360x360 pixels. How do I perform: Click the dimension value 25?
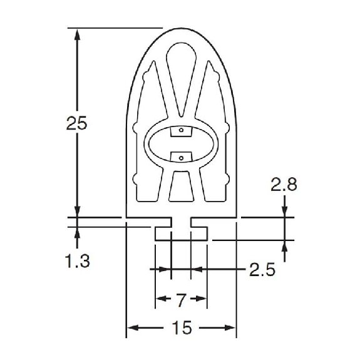click(x=76, y=123)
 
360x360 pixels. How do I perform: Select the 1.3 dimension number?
click(x=78, y=261)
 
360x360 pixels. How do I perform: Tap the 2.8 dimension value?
click(x=284, y=184)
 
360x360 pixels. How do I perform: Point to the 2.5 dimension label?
click(x=262, y=269)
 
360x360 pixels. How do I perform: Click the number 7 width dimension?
click(x=181, y=300)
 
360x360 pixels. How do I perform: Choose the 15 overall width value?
click(x=182, y=327)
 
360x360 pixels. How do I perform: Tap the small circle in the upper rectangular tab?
click(x=181, y=130)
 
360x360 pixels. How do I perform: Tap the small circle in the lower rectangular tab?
click(x=181, y=158)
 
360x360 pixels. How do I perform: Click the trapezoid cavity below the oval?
click(x=182, y=187)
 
